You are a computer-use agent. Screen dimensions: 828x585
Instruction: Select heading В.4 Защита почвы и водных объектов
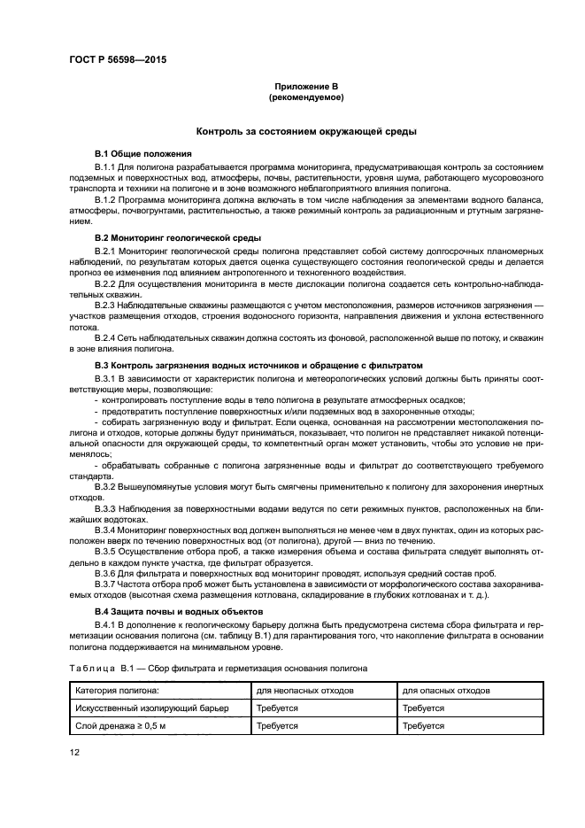(x=176, y=611)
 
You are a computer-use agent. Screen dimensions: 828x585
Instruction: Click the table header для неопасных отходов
(x=304, y=691)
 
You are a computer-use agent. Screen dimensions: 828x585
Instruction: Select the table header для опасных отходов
(x=447, y=691)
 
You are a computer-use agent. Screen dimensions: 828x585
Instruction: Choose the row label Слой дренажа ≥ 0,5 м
(x=121, y=726)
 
